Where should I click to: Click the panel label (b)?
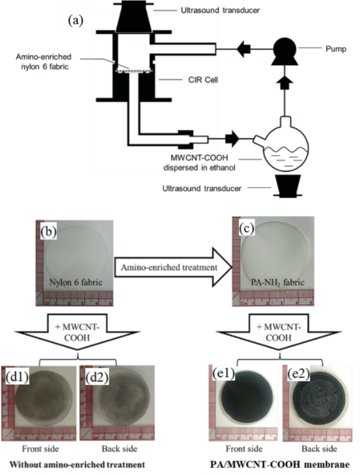[x=50, y=231]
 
